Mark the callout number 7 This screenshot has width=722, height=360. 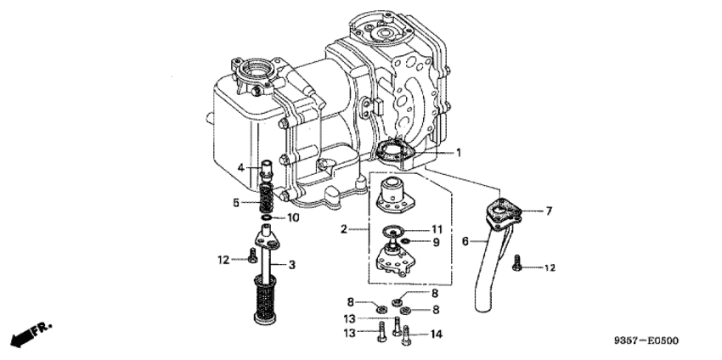click(x=550, y=211)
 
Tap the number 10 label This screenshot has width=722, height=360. click(x=292, y=218)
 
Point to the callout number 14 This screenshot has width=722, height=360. click(x=437, y=335)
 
